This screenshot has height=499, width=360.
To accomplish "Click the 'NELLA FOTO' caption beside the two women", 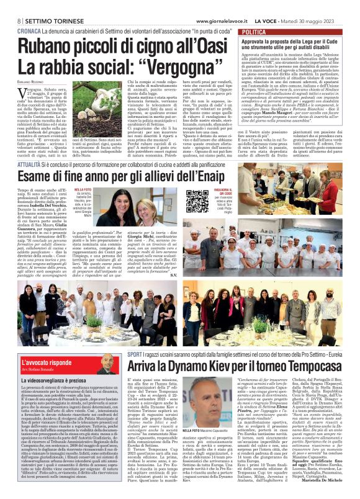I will click(83, 188).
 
